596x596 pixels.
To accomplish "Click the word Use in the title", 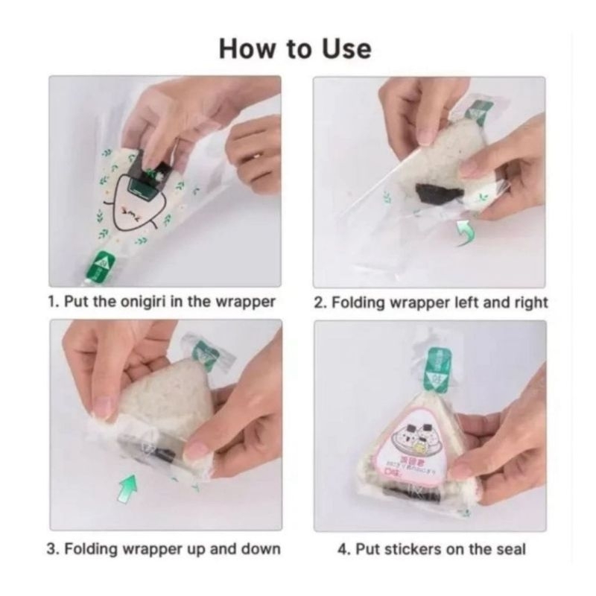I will click(343, 49).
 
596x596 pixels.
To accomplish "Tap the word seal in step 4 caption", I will click(510, 549).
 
